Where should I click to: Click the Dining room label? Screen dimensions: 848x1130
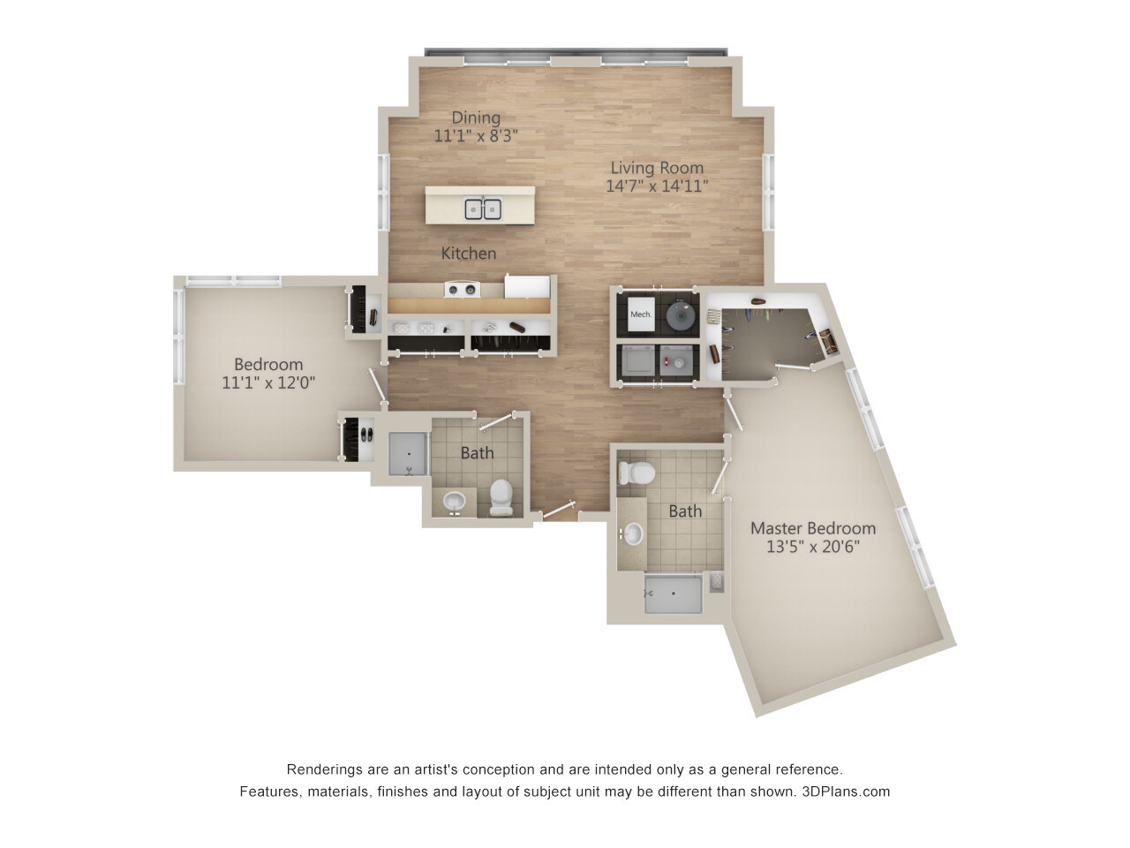[x=476, y=117]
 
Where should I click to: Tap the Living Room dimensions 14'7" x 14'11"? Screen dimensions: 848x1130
[x=657, y=186]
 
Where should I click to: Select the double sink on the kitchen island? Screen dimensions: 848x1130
[x=483, y=209]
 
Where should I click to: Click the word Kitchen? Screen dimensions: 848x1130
[x=469, y=254]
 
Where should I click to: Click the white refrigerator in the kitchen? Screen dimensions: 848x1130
[x=527, y=286]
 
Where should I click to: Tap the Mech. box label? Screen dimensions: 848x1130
[x=641, y=314]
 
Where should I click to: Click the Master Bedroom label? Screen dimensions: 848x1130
[x=813, y=528]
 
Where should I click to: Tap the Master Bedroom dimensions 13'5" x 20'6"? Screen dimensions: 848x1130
[x=813, y=547]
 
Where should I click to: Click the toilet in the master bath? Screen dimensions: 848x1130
[x=636, y=473]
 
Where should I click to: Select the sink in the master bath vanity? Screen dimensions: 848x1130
[x=633, y=534]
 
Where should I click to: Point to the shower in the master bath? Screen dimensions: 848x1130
[x=674, y=593]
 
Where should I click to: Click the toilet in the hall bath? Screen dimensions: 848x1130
[x=501, y=496]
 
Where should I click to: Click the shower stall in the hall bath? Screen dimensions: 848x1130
[x=409, y=454]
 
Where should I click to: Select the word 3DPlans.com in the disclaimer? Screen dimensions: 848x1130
[x=846, y=791]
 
